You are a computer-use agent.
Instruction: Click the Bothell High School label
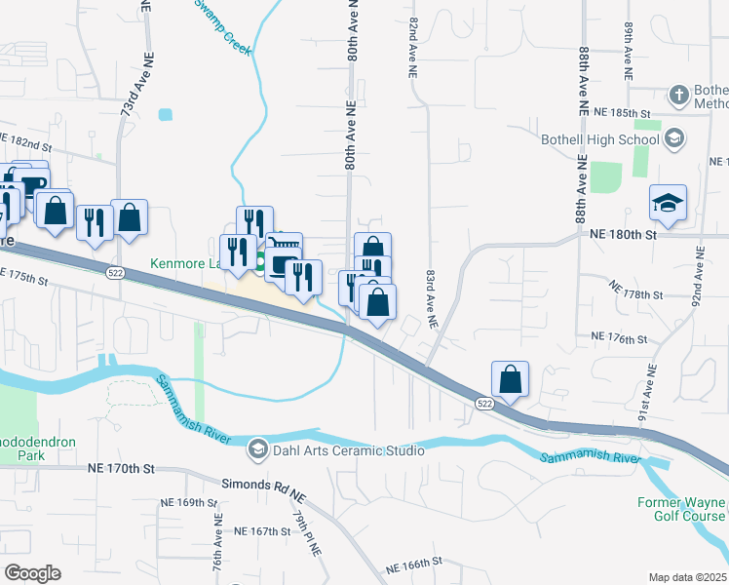coord(600,138)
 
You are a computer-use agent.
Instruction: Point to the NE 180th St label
coord(625,234)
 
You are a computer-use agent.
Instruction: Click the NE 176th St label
coord(619,338)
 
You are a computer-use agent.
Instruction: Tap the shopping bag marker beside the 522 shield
coord(510,377)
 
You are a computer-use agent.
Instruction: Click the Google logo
coord(32,573)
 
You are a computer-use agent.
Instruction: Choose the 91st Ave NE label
coord(644,396)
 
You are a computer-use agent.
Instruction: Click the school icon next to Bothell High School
coord(673,138)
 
